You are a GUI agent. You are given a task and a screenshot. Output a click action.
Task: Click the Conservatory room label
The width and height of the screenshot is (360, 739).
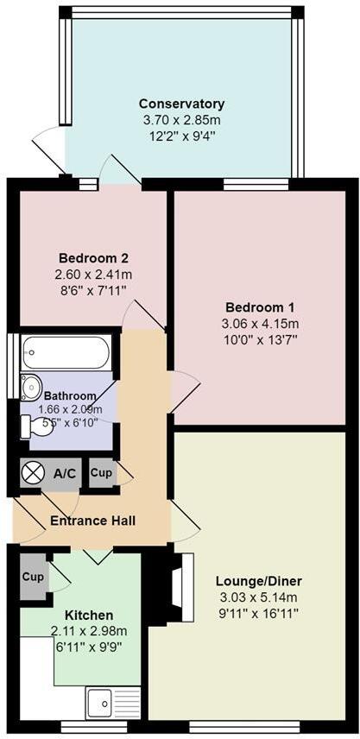(181, 104)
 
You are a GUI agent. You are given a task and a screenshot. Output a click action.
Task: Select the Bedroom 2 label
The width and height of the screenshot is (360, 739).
(94, 258)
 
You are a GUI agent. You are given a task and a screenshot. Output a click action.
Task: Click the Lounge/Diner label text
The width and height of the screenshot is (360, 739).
(258, 580)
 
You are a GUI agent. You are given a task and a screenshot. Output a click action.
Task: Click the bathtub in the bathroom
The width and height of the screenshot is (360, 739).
(66, 352)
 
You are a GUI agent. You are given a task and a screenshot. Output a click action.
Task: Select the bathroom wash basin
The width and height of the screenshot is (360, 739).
(30, 386)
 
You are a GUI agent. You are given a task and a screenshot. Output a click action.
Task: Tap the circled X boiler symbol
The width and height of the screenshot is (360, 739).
(33, 473)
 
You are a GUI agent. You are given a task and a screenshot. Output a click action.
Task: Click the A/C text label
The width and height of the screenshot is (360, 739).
(65, 474)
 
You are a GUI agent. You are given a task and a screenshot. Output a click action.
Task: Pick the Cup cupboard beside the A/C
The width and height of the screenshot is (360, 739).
(101, 473)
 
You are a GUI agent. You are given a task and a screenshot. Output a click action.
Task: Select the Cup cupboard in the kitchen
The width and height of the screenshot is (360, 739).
(34, 576)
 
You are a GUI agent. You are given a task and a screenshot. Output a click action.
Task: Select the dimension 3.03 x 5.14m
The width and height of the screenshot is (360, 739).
(258, 597)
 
